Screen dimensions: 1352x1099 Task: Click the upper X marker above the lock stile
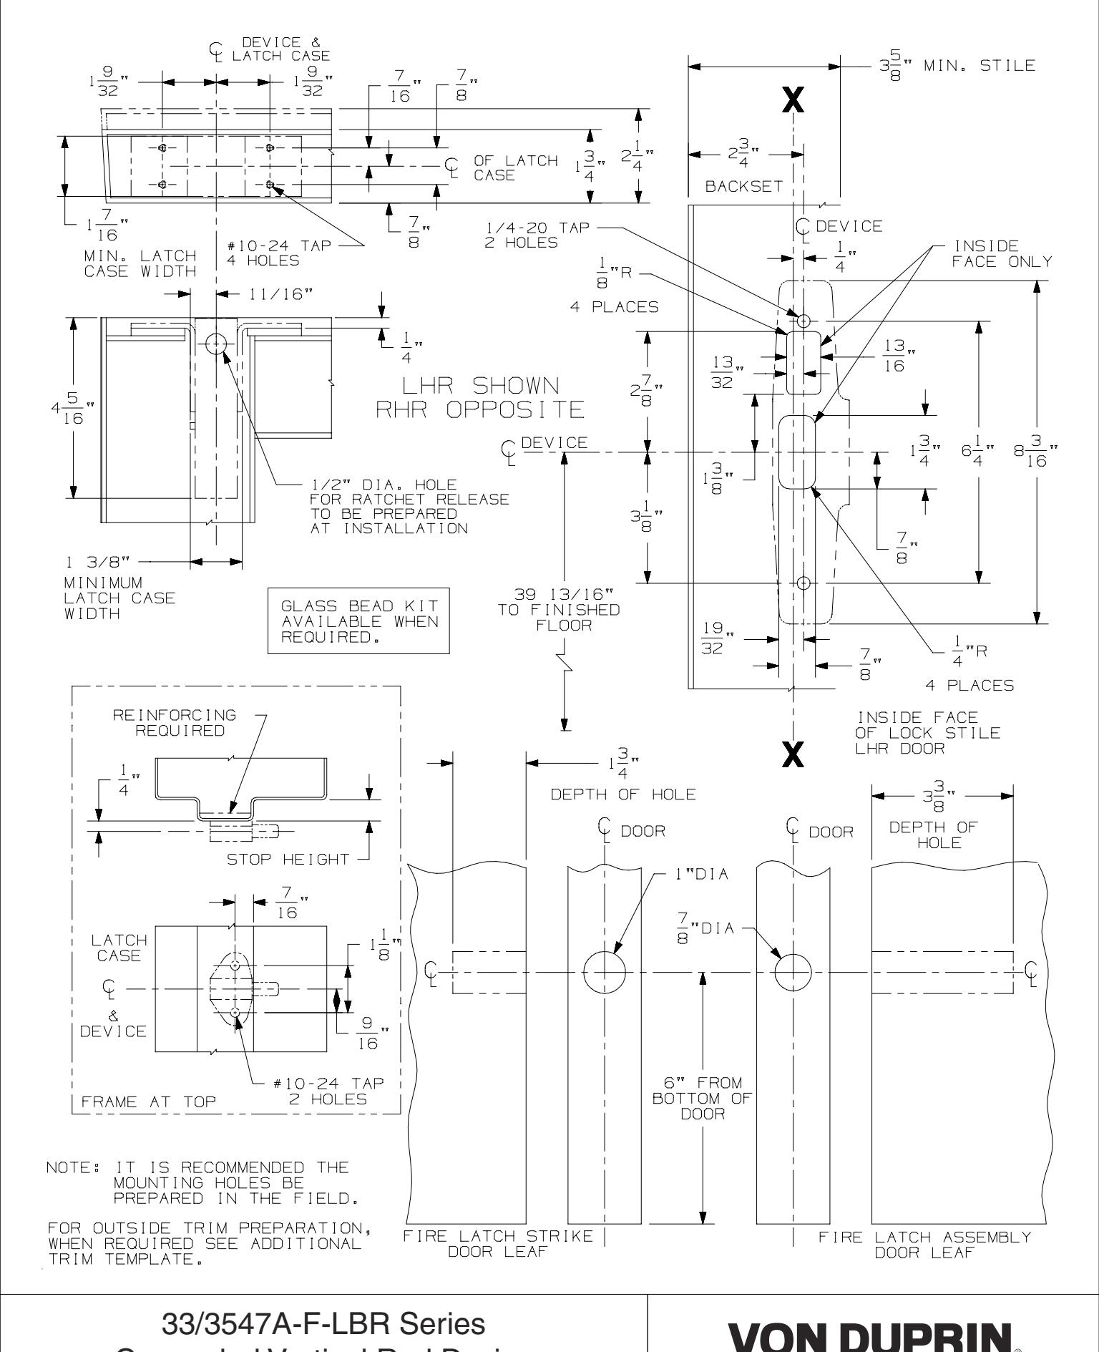[793, 101]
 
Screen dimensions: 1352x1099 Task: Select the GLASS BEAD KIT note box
[358, 621]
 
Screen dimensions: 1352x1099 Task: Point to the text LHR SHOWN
[481, 386]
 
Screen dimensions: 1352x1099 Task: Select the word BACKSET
[743, 186]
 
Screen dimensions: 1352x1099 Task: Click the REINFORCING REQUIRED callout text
[175, 722]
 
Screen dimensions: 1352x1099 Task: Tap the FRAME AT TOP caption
[148, 1101]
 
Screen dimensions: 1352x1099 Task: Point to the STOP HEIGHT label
[288, 859]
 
